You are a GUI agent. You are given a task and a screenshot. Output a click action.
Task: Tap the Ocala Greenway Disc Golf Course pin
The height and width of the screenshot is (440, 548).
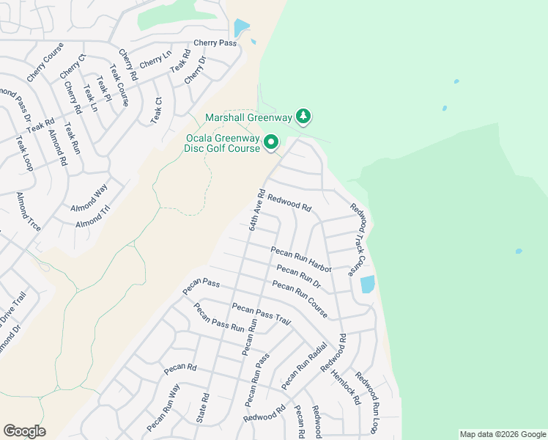point(271,142)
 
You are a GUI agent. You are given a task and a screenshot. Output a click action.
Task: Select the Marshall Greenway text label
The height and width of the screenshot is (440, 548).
point(249,117)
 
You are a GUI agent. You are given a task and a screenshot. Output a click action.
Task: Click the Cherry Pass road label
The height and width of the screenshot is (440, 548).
point(215,43)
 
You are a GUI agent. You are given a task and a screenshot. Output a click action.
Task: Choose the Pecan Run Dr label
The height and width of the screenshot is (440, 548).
point(300,276)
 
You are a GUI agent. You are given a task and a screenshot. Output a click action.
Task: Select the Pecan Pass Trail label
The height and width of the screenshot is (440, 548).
point(262,313)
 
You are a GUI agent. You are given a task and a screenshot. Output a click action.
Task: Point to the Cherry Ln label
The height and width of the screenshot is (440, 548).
point(155,59)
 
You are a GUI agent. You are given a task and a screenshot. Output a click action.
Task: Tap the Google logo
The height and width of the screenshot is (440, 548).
point(24,431)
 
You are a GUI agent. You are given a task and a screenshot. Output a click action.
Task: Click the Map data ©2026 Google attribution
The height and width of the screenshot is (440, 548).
point(503,434)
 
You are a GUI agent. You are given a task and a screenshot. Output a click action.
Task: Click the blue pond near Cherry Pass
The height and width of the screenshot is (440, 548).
point(240,28)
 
